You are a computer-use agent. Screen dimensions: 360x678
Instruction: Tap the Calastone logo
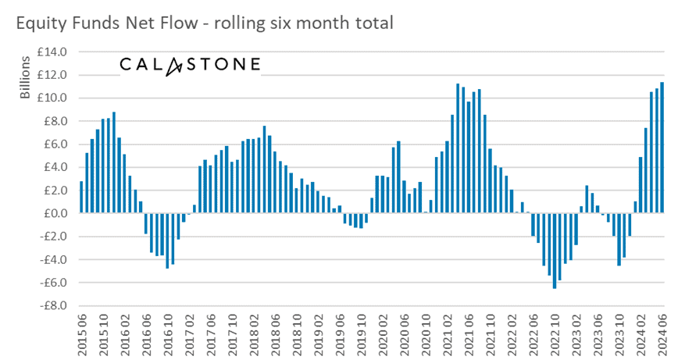[190, 64]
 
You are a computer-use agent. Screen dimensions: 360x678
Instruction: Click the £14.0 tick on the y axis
[55, 52]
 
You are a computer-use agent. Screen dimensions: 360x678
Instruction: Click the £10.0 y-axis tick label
[55, 98]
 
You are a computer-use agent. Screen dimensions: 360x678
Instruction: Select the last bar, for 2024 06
[662, 148]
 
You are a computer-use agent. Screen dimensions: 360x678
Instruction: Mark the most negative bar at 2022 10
[555, 251]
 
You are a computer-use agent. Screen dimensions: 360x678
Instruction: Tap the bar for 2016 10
[167, 241]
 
